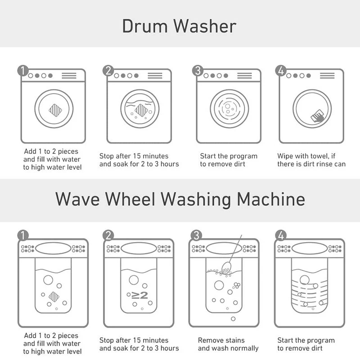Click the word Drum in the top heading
[144, 26]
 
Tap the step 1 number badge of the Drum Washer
[23, 70]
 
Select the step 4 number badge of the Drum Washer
[281, 70]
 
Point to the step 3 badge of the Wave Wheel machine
[196, 235]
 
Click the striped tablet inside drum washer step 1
[55, 110]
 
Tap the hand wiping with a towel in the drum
[318, 116]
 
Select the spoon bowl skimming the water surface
[226, 267]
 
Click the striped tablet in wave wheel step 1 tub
[54, 297]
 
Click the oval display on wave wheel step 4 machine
[310, 248]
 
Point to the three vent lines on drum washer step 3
[244, 76]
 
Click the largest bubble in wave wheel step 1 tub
[48, 280]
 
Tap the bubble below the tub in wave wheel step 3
[233, 319]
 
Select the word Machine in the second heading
[271, 199]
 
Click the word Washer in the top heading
[205, 26]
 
